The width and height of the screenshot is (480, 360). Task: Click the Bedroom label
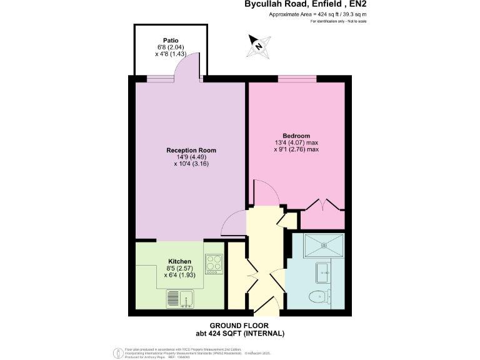point(296,136)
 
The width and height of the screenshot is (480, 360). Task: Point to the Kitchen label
point(179,261)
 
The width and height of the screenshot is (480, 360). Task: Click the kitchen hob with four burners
point(214,263)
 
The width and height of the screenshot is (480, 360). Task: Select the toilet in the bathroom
point(321,296)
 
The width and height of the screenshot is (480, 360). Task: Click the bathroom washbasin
point(323,270)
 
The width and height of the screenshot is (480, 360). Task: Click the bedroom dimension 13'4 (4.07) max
point(296,142)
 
